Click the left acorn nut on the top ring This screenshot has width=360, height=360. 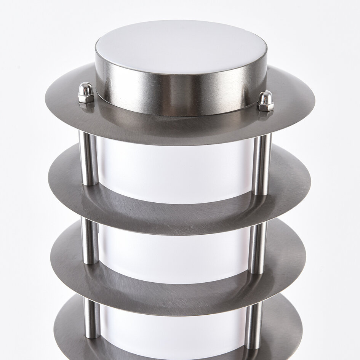[86, 93]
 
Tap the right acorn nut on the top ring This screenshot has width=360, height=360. [266, 101]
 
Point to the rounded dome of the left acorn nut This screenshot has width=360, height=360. [86, 88]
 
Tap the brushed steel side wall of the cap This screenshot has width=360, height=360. [179, 95]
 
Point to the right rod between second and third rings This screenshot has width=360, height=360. [258, 248]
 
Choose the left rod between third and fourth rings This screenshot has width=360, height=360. [92, 318]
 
